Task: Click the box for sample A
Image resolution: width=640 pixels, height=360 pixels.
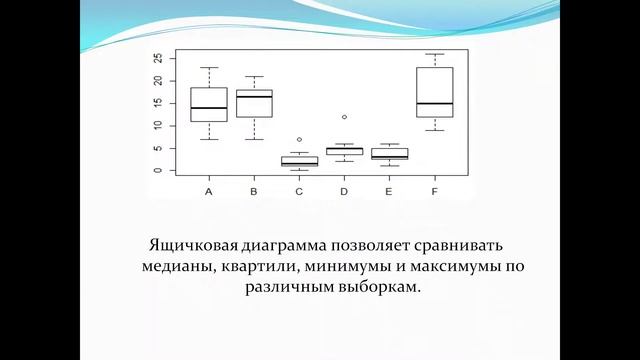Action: click(208, 104)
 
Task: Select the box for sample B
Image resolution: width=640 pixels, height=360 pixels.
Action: click(254, 103)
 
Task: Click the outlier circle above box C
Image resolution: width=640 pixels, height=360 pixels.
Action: click(299, 139)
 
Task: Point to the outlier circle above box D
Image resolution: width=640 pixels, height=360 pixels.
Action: click(344, 117)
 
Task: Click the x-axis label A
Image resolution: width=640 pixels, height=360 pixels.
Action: click(208, 190)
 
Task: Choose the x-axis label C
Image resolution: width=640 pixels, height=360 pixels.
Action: click(299, 190)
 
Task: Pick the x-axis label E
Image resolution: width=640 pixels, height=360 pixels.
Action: click(389, 190)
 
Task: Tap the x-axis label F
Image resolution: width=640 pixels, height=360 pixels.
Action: click(433, 190)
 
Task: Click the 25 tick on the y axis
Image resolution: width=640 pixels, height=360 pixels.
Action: click(158, 58)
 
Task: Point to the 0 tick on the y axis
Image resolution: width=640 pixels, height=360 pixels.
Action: click(158, 170)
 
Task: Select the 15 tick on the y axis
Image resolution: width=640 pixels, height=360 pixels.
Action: click(158, 103)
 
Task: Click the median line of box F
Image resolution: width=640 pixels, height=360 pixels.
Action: click(433, 103)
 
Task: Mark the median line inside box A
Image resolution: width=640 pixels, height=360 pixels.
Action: click(208, 108)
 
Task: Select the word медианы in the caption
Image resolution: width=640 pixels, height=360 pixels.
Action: click(173, 267)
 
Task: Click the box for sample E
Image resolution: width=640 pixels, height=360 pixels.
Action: click(389, 154)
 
